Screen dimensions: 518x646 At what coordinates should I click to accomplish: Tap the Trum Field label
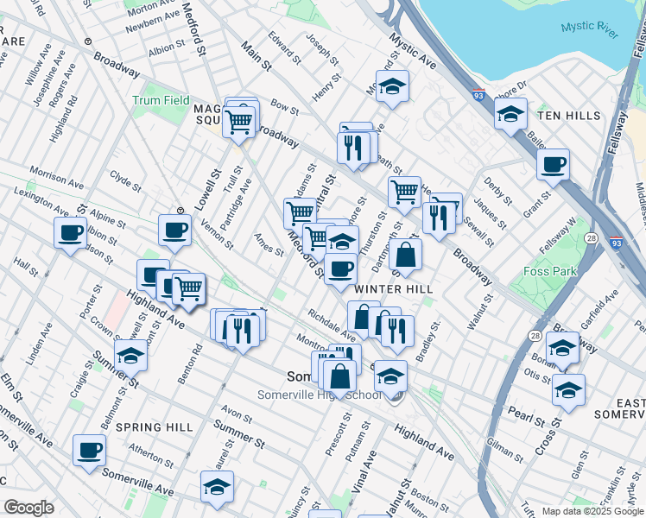click(161, 101)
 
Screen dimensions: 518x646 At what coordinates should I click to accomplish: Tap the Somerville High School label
click(319, 395)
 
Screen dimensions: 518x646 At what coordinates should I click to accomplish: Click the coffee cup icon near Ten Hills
click(553, 164)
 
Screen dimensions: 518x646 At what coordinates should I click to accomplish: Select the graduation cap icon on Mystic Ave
click(392, 86)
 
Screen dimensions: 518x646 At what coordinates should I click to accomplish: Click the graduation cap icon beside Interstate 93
click(510, 113)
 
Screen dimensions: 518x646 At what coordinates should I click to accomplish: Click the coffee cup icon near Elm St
click(88, 450)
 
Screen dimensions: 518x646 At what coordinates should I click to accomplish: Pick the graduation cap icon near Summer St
click(217, 487)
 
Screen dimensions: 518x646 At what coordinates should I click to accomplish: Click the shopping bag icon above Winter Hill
click(405, 255)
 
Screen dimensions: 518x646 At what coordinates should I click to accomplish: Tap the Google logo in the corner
click(28, 508)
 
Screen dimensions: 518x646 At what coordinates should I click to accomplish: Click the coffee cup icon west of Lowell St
click(174, 231)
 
